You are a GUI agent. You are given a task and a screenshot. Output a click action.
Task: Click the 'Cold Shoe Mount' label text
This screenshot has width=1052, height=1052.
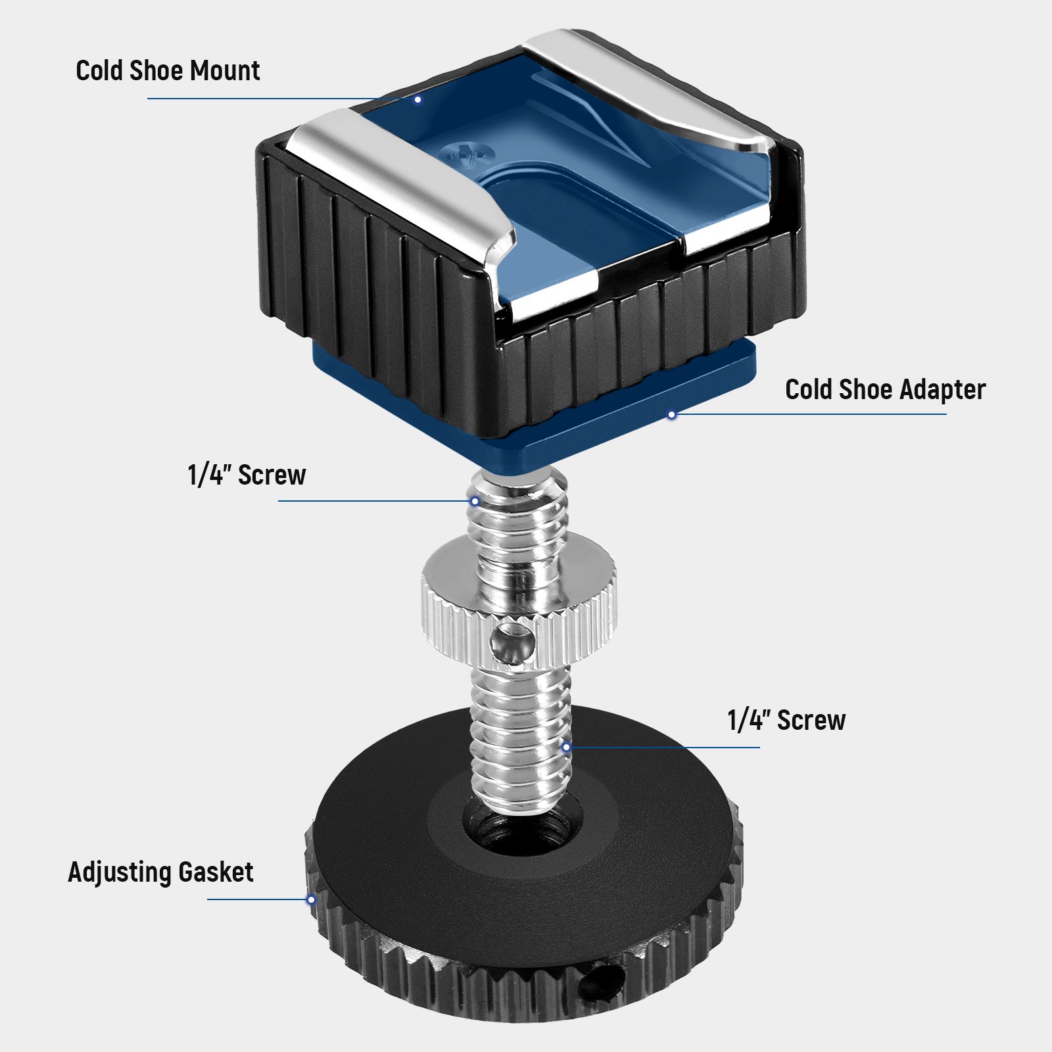click(x=168, y=71)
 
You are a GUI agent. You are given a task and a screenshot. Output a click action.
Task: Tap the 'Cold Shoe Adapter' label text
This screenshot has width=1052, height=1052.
click(x=885, y=390)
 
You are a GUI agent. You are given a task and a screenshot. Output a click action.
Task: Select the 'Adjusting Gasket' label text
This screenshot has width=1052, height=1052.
click(x=160, y=873)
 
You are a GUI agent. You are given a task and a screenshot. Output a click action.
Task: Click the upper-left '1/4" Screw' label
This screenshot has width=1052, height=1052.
click(x=247, y=475)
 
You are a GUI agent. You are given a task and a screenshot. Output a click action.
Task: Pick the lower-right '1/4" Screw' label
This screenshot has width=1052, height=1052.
click(x=786, y=721)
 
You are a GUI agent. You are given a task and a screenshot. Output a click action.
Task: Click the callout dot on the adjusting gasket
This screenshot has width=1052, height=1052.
click(x=311, y=899)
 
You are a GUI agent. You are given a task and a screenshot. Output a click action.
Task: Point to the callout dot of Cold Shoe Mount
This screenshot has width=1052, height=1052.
click(x=418, y=99)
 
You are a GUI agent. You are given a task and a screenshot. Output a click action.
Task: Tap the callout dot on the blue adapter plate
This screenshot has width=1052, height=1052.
click(x=671, y=415)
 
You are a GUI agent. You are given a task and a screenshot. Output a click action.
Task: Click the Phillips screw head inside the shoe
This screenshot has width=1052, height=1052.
click(x=467, y=155)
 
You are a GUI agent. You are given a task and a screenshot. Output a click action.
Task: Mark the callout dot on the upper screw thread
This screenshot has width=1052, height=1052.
click(x=475, y=502)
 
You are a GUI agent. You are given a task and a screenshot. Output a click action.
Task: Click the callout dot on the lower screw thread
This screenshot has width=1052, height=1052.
click(x=566, y=748)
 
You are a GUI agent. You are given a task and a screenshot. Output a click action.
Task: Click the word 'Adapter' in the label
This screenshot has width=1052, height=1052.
click(x=943, y=390)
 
